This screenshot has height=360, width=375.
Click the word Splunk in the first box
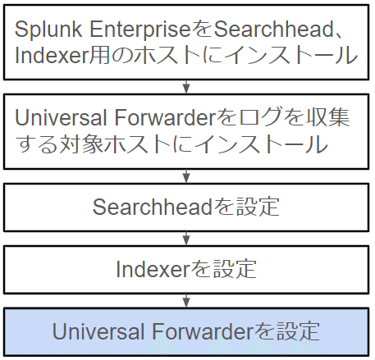[48, 30]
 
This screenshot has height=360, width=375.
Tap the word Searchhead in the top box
[273, 29]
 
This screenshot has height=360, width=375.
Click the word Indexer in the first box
[52, 55]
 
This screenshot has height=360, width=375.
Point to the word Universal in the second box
[61, 118]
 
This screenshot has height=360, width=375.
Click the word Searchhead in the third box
[153, 207]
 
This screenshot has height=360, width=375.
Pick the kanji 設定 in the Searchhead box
[258, 207]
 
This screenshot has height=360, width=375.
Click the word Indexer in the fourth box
[153, 269]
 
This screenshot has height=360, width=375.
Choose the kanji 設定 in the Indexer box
[235, 269]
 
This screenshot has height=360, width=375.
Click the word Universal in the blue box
[98, 331]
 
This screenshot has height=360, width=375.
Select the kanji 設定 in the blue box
[297, 331]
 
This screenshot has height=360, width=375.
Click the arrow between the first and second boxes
[186, 87]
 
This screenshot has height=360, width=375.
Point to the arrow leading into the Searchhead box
[186, 176]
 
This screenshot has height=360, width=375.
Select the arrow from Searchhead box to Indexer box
[186, 239]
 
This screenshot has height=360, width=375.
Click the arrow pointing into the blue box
[186, 301]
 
